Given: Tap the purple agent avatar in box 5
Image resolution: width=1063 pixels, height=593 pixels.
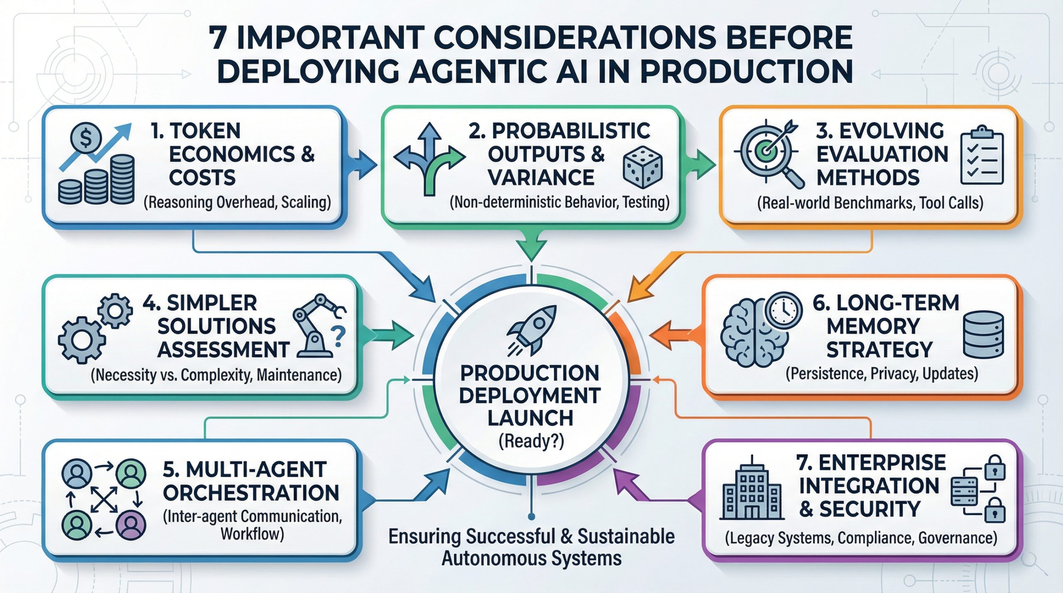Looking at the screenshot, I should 131,525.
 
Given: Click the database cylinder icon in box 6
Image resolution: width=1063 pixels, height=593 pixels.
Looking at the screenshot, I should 983,334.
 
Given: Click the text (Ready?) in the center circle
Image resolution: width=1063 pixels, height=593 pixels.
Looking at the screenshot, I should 531,441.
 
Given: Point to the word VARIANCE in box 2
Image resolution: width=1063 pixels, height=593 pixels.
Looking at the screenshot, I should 541,178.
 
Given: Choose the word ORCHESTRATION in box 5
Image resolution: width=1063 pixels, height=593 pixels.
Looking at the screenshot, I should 251,493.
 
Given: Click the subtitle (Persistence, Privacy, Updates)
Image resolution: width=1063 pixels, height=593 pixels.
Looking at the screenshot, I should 882,374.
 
